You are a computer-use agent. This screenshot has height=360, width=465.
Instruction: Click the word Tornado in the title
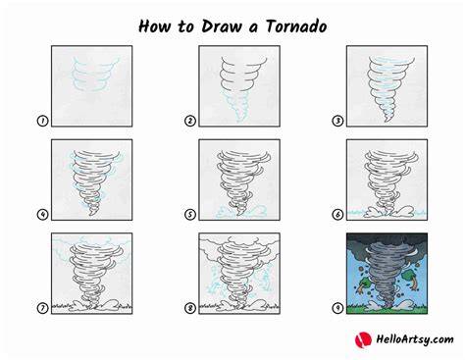coord(296,26)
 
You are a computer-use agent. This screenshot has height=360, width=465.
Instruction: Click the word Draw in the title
coord(222,26)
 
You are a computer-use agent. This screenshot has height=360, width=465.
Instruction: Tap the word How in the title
coord(154,26)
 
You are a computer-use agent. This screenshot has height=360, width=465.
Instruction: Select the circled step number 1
coord(42,121)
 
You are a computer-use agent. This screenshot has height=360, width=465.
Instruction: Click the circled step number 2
coord(190,121)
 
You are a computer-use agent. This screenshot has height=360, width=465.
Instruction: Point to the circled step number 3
coord(337,121)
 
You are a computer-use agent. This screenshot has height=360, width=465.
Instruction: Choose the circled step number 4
coord(42,215)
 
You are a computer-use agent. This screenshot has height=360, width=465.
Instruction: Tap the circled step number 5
coord(190,215)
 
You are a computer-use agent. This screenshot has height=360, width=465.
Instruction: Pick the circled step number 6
coord(337,215)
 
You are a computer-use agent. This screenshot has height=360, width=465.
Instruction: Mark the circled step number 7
coord(42,308)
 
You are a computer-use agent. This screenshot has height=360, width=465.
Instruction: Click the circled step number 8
coord(190,308)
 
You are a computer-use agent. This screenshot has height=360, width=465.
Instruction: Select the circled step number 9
coord(337,308)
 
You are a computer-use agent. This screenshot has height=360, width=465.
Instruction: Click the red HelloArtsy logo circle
coord(363,339)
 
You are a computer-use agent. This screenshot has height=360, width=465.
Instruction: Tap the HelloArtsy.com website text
coord(415,339)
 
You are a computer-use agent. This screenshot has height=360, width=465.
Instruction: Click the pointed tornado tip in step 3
coord(387,122)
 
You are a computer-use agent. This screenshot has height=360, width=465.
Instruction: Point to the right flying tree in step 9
coord(412,279)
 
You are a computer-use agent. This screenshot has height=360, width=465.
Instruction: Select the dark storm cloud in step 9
coord(387,242)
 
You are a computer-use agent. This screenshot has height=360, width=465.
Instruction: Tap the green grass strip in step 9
coord(387,309)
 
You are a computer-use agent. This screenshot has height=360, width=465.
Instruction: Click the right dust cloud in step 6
coord(404,212)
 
